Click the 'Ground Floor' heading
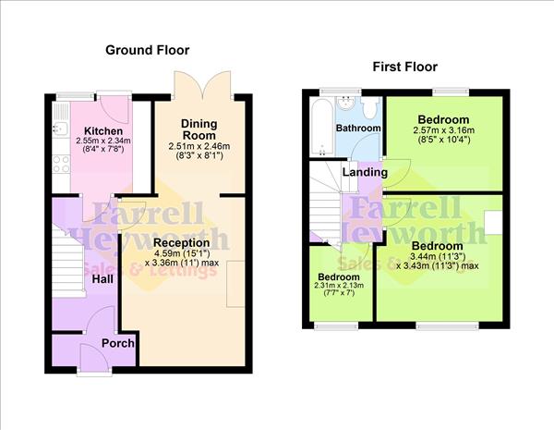[147, 49]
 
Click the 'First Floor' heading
[404, 67]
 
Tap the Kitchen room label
[99, 129]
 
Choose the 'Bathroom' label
[356, 128]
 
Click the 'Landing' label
[365, 172]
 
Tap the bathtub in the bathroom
[320, 127]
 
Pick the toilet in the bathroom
[368, 109]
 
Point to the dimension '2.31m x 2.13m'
[338, 287]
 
